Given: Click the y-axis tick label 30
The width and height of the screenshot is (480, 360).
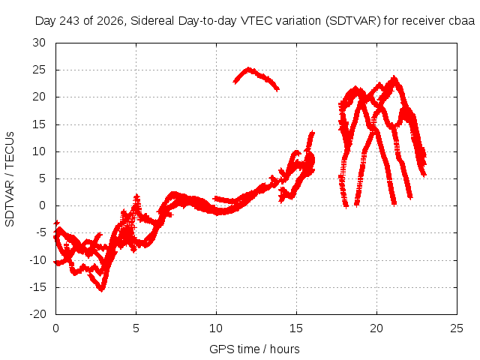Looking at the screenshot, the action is click(x=39, y=43).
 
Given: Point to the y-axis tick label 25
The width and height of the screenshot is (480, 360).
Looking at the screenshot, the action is click(x=39, y=70).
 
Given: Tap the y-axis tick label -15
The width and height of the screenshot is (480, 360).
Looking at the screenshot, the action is click(x=38, y=287).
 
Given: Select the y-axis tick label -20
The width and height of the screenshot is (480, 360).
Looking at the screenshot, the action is click(x=38, y=314).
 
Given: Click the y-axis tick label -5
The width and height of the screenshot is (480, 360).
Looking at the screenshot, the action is click(x=40, y=233).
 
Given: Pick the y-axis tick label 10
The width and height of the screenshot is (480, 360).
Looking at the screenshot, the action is click(x=39, y=151).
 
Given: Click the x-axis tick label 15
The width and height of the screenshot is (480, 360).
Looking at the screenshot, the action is click(x=296, y=328).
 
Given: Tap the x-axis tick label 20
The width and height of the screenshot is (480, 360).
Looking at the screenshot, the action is click(x=376, y=328).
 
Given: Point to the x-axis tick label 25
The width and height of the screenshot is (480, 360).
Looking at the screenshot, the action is click(x=457, y=328).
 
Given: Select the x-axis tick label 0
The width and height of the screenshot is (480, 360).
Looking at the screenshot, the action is click(x=55, y=328).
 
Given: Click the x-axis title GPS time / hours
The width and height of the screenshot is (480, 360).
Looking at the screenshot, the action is click(x=254, y=349).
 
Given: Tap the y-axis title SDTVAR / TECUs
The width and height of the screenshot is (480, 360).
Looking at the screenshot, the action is click(x=10, y=179).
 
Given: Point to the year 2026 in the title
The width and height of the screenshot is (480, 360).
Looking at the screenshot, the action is click(x=109, y=21).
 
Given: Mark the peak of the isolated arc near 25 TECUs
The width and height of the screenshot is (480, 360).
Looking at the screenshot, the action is click(x=248, y=69).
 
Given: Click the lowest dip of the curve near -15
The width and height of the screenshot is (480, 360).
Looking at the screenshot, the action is click(x=102, y=289).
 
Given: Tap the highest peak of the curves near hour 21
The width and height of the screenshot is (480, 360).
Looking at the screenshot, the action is click(x=394, y=78).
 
